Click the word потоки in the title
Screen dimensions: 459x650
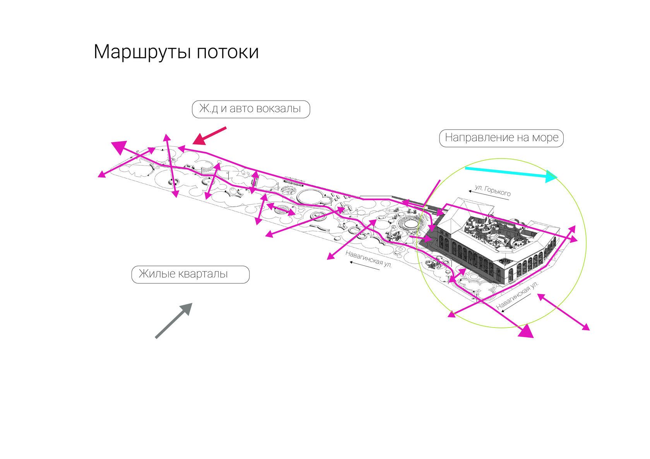pyautogui.click(x=227, y=52)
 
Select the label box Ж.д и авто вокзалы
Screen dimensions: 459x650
pyautogui.click(x=251, y=109)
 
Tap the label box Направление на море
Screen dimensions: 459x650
pyautogui.click(x=501, y=138)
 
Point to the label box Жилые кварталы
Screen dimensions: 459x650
pyautogui.click(x=190, y=274)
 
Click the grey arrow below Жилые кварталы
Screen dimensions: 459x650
pyautogui.click(x=173, y=321)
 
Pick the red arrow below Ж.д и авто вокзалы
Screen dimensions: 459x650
pyautogui.click(x=209, y=136)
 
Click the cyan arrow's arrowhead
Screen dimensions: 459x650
pyautogui.click(x=551, y=176)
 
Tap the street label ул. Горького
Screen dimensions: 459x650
pyautogui.click(x=493, y=190)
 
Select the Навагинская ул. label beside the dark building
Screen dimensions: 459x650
pyautogui.click(x=517, y=296)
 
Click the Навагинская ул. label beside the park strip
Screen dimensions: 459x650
pyautogui.click(x=368, y=258)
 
